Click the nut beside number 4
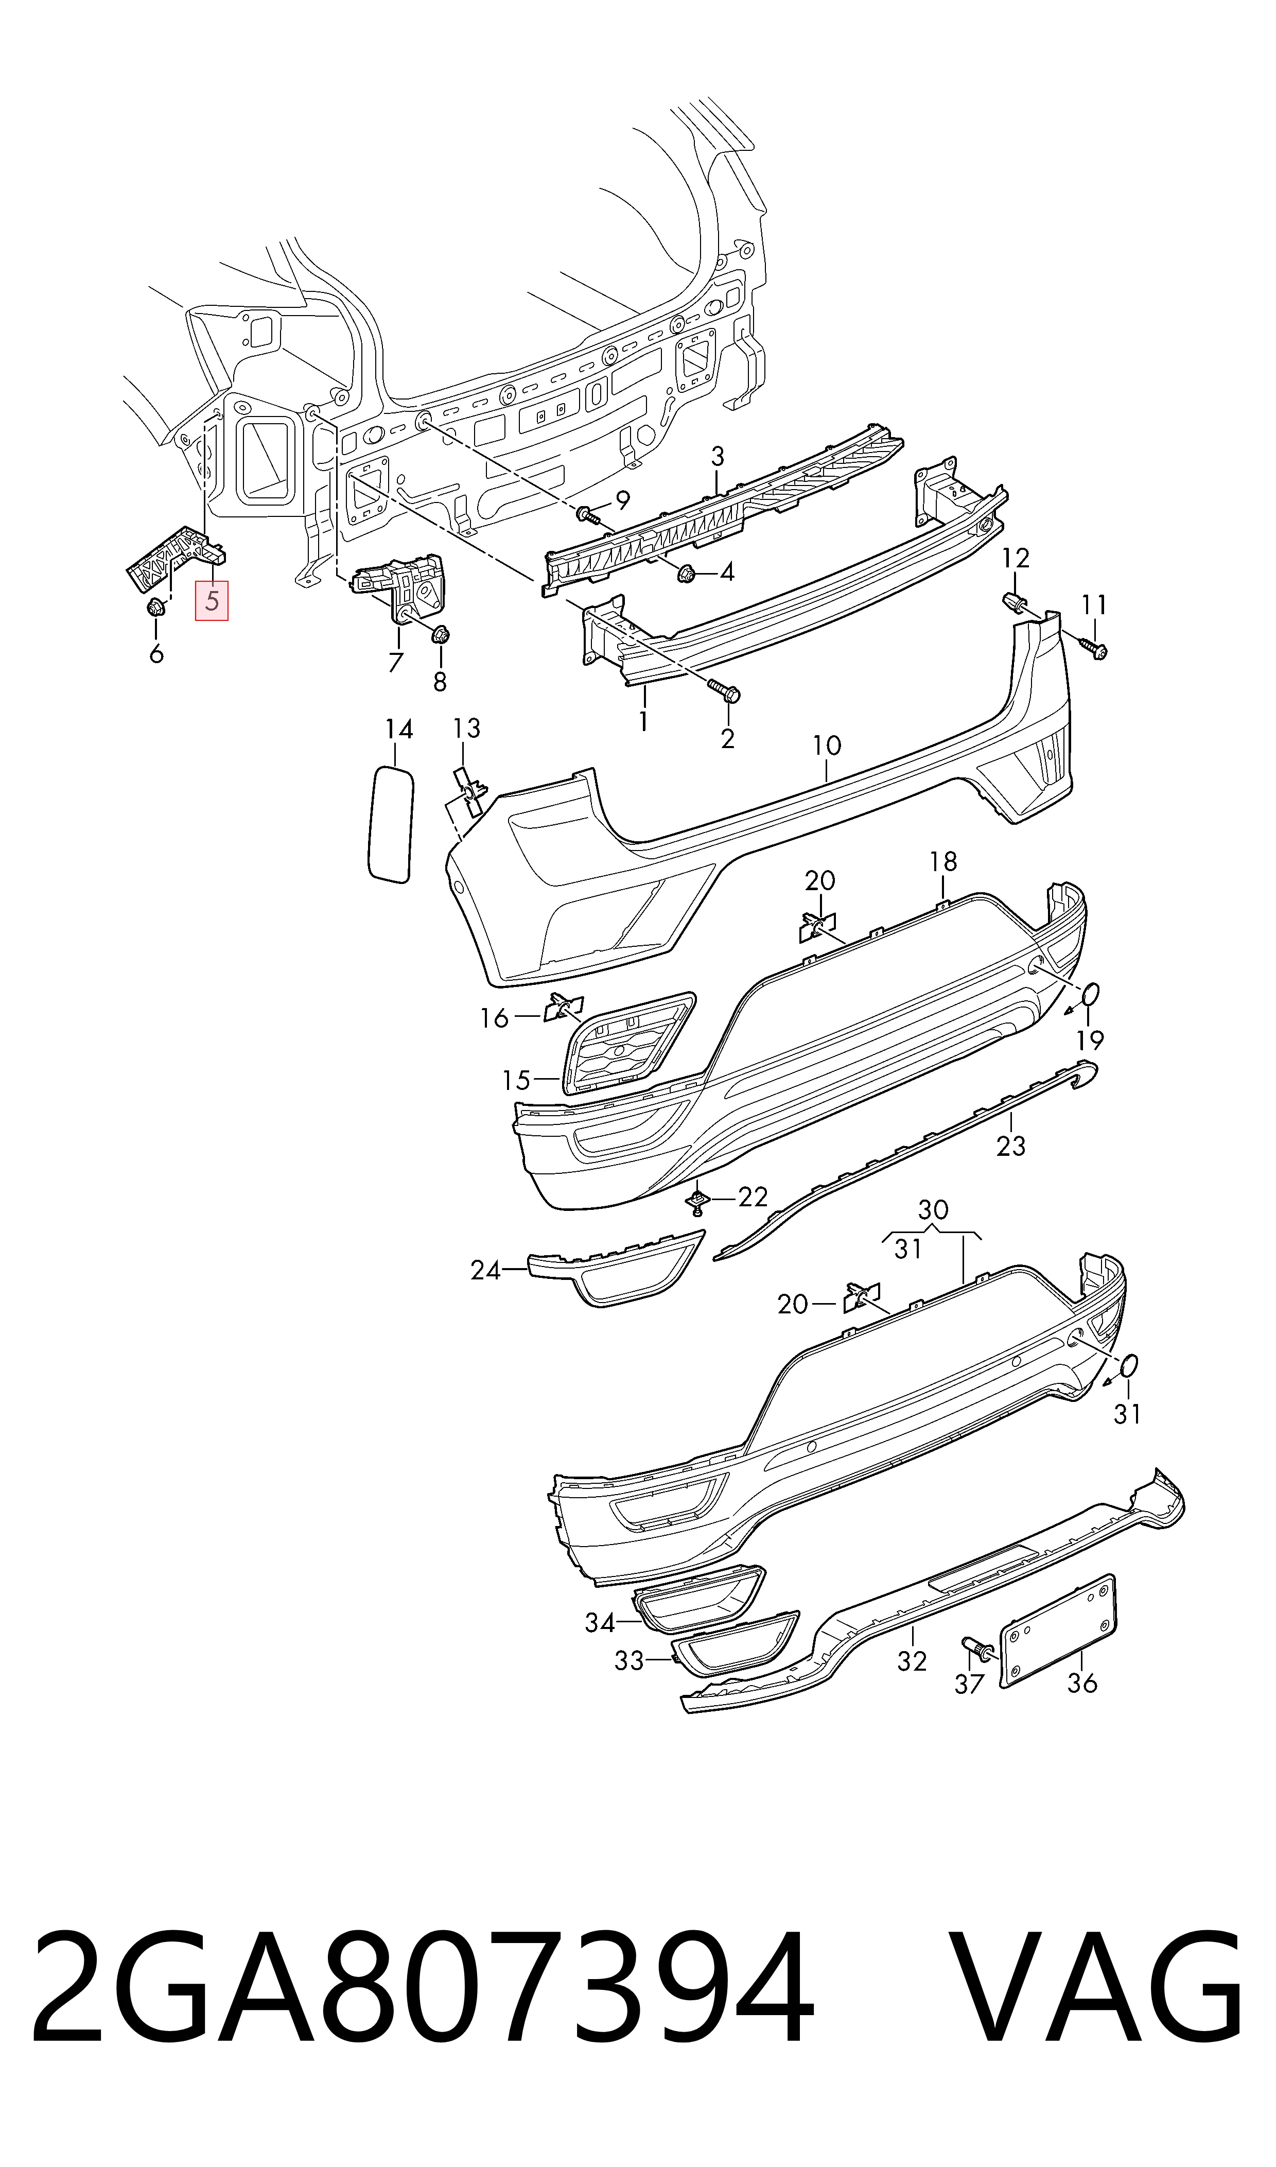click(688, 572)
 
